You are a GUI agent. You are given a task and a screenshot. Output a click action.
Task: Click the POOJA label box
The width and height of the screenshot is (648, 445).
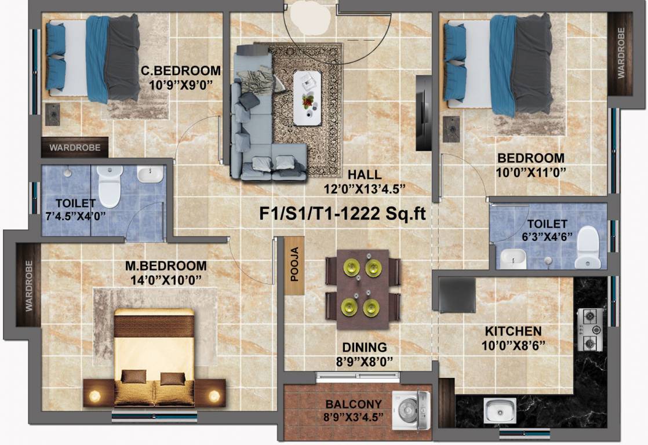click(x=294, y=265)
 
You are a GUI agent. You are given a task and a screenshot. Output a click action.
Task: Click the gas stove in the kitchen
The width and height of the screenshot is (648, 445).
click(x=591, y=329)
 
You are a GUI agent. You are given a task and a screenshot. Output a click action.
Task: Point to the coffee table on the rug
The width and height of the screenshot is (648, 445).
click(x=307, y=98)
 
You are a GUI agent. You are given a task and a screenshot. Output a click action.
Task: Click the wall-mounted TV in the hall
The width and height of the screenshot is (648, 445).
click(x=423, y=112)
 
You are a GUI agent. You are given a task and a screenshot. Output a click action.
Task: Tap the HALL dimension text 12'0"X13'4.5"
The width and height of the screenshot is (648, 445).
click(x=364, y=189)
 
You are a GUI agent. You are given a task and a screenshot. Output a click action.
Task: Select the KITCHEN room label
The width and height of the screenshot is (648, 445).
click(x=513, y=331)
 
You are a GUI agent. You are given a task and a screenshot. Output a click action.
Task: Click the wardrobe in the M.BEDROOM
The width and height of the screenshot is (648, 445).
click(x=28, y=285)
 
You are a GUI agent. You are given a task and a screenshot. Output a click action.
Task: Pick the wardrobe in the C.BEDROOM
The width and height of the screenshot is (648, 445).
click(x=75, y=147)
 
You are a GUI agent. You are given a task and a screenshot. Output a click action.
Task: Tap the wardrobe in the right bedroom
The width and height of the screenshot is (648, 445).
click(x=620, y=53)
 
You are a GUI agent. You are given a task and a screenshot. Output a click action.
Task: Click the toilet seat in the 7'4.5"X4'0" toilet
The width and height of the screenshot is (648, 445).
click(x=110, y=186)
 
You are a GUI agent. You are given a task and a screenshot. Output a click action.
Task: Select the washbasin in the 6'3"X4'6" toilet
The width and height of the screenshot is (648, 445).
click(x=513, y=258)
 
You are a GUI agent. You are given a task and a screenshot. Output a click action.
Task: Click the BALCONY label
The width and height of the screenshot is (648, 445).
click(x=354, y=404)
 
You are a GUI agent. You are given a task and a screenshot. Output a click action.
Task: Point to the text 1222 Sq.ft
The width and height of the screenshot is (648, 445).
click(x=383, y=214)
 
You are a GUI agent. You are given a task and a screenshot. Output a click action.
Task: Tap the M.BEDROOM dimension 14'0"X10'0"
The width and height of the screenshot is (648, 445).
click(x=166, y=280)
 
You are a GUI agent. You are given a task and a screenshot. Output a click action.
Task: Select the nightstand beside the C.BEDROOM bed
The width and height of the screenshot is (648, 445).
click(x=53, y=115)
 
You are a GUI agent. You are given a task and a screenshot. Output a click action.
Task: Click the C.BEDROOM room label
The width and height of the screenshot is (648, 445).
click(x=181, y=71)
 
